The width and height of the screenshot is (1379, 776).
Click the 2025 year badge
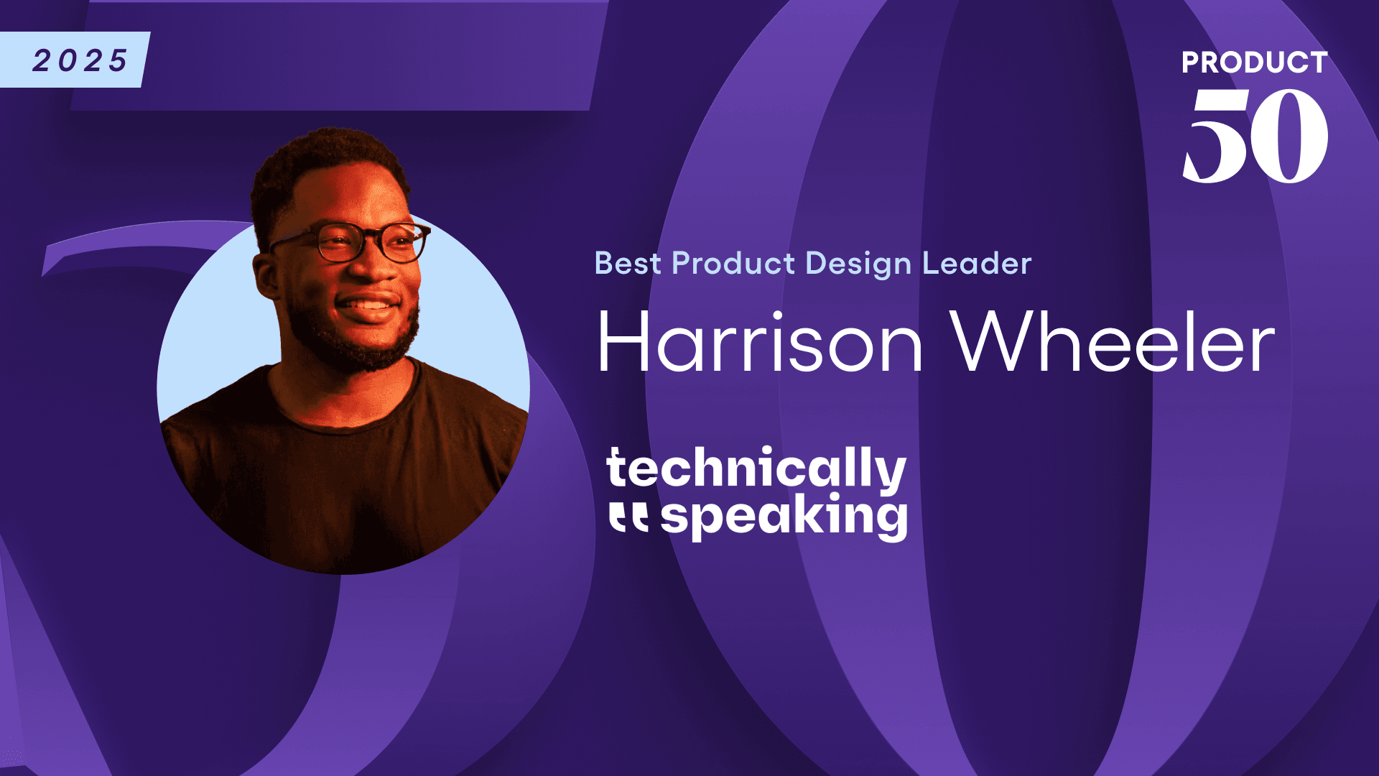[79, 60]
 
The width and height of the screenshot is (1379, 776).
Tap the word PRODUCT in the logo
[1254, 63]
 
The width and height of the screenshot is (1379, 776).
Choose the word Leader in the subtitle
[977, 264]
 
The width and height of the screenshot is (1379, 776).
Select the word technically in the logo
[756, 468]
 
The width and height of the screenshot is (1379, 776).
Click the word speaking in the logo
[784, 516]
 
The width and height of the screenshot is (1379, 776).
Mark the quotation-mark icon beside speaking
[628, 517]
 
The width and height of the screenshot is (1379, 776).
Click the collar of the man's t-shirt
[345, 417]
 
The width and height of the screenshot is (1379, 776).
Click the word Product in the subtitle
[733, 264]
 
